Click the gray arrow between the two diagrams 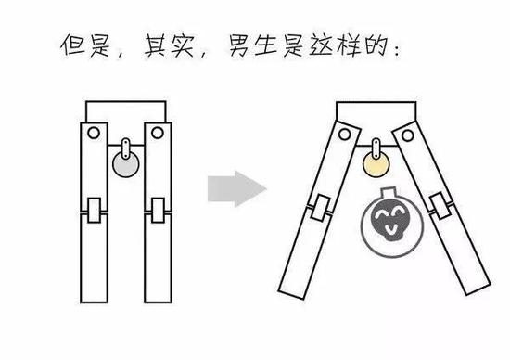click(x=236, y=189)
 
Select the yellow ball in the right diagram click(x=376, y=166)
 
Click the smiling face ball click(x=382, y=223)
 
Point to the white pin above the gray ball click(x=125, y=148)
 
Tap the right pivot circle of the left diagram click(x=157, y=135)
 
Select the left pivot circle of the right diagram click(x=345, y=136)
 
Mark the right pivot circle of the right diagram click(x=407, y=137)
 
